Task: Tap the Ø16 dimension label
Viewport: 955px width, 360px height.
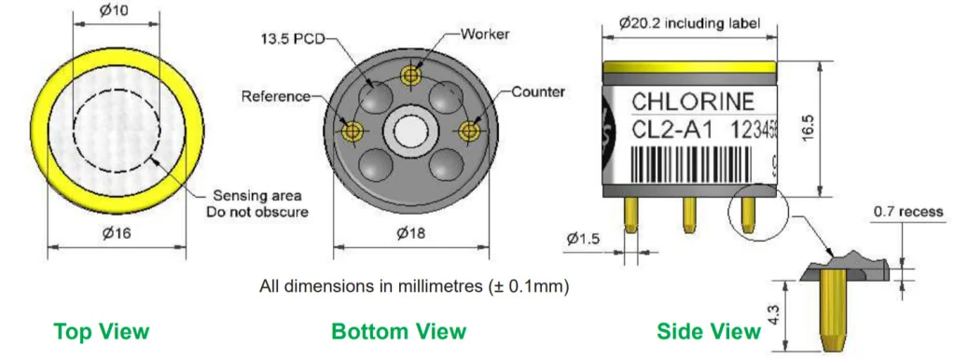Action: [x=116, y=233]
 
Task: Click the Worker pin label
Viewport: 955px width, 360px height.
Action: [x=485, y=34]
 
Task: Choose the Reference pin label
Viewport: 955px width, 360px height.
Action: [x=276, y=96]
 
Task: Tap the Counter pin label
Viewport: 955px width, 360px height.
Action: [x=538, y=92]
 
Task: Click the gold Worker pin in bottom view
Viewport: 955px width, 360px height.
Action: [x=411, y=76]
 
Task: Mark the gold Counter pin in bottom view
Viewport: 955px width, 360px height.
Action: [x=468, y=131]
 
